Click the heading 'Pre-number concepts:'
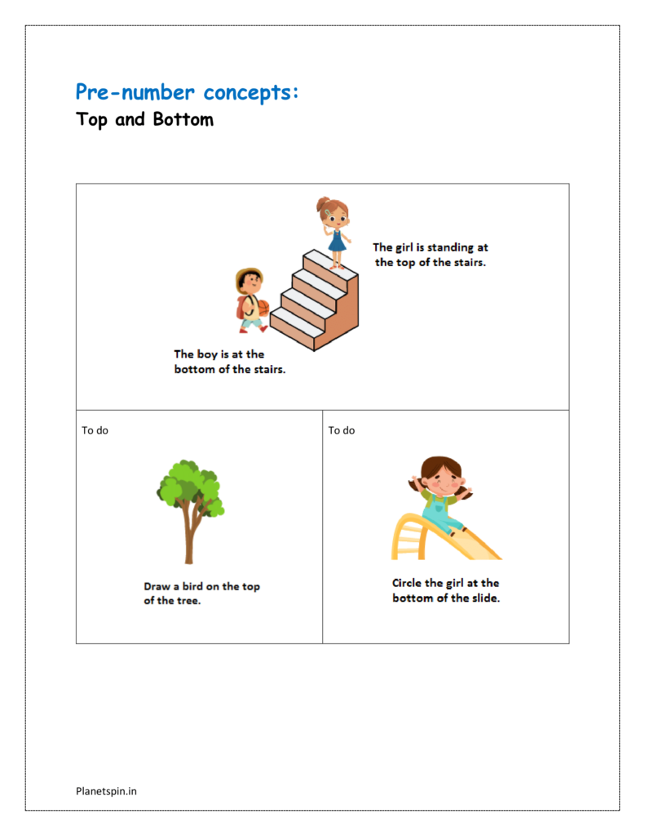click(x=187, y=92)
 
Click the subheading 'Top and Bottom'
click(x=145, y=119)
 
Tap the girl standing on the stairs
click(x=334, y=228)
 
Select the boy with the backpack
click(x=250, y=300)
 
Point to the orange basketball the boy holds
click(x=262, y=309)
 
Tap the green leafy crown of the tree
click(x=191, y=486)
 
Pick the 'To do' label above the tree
click(x=95, y=430)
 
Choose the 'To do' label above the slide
click(x=342, y=430)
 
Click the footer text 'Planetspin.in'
click(x=106, y=790)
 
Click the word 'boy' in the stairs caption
click(x=207, y=354)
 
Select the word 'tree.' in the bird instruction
click(x=188, y=601)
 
